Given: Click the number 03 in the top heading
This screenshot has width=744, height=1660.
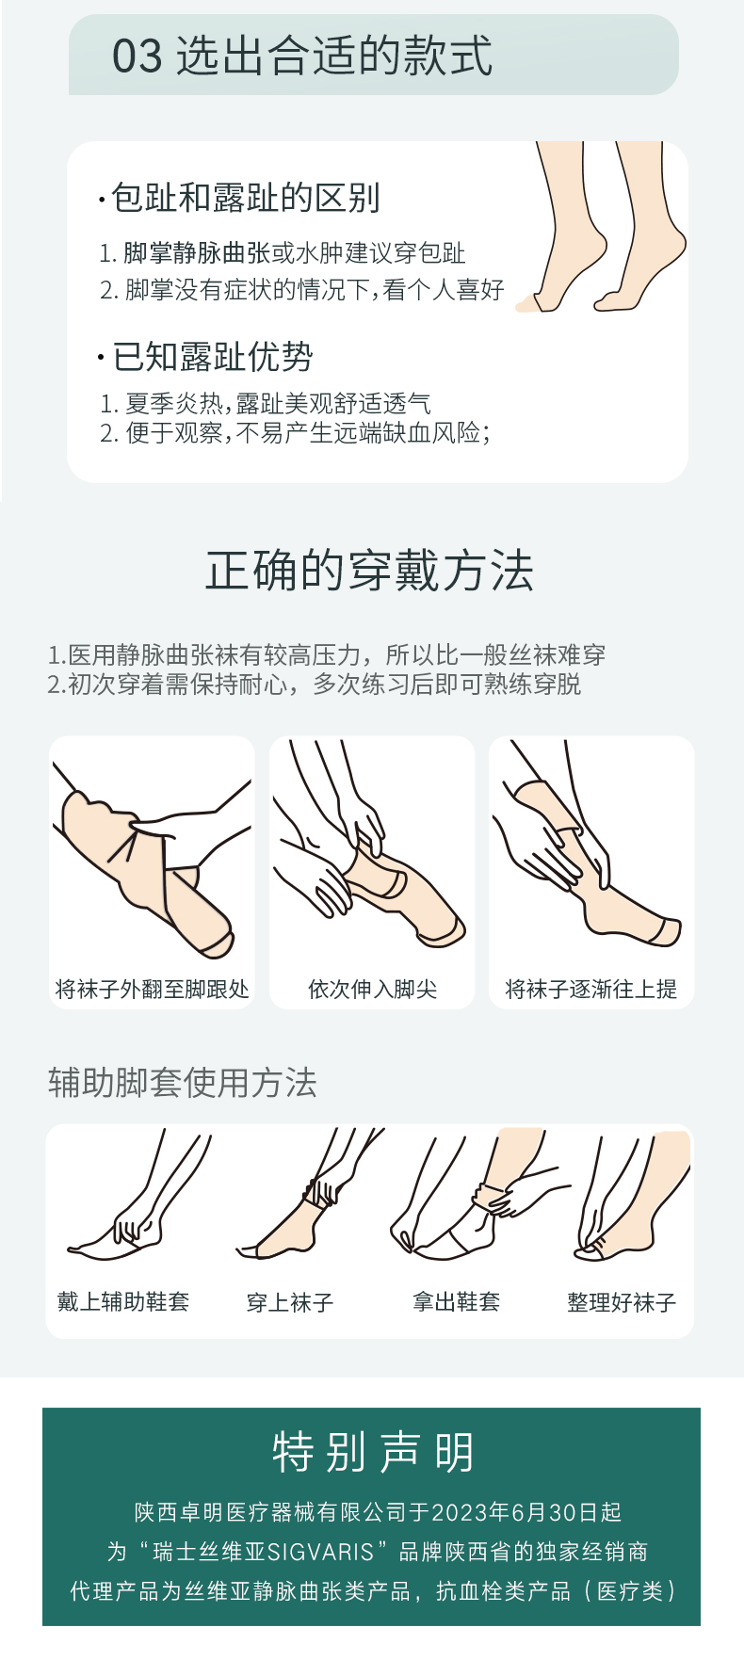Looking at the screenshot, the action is coord(137,56).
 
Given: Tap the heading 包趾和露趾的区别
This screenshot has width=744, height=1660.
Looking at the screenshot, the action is coord(246,198).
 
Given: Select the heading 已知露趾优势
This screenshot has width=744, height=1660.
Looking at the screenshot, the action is coord(213,357).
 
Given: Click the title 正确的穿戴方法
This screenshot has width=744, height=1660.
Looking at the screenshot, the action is coord(370,572).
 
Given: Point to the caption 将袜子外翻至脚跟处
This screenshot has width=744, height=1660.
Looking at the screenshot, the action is coord(153,989).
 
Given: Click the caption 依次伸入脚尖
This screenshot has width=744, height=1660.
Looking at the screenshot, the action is coord(372,989).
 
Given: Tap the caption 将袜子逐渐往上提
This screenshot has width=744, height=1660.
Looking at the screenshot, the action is coord(590,989).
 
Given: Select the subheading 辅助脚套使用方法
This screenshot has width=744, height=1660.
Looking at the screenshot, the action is coord(183,1083).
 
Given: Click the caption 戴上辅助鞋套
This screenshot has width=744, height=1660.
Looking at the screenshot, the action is coord(123,1301).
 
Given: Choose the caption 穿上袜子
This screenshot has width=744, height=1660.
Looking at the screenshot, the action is coord(290,1302).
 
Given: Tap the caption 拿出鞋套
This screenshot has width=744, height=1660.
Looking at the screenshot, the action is coord(456,1301).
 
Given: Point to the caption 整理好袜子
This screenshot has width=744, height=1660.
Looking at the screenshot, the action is coord(622,1302).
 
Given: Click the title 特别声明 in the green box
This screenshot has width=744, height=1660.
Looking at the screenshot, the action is coord(373,1452).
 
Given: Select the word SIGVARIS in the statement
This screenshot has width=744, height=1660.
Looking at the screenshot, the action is coord(321,1552).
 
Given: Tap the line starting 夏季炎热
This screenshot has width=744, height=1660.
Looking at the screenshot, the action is coord(266,404).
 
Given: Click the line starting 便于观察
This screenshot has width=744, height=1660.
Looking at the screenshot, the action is coord(295,433).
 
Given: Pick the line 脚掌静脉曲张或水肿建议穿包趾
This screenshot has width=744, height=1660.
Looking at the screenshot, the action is coord(283,252).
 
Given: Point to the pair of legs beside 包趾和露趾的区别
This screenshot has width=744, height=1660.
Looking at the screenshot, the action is coord(601,226).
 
